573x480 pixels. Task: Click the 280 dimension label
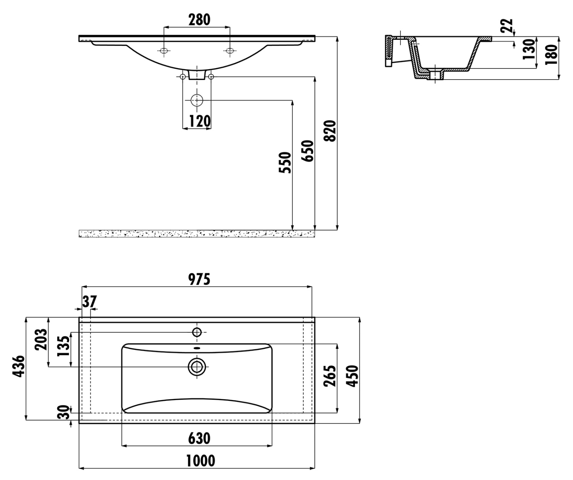199,20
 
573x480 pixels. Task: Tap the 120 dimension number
200,121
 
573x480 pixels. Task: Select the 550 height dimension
285,163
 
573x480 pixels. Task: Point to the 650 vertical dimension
308,151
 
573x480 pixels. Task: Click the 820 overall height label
330,131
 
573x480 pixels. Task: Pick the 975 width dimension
199,280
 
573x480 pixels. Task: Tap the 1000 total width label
201,461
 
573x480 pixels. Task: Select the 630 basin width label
199,439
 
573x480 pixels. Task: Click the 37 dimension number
89,302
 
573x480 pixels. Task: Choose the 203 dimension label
41,339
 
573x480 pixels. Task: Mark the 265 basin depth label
330,376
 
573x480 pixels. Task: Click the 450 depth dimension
352,376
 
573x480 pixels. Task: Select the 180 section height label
552,54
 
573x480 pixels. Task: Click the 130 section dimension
529,49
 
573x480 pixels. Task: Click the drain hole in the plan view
197,366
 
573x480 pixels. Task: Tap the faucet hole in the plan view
197,332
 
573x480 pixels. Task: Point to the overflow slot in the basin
197,348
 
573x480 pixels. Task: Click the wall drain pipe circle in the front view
197,100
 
